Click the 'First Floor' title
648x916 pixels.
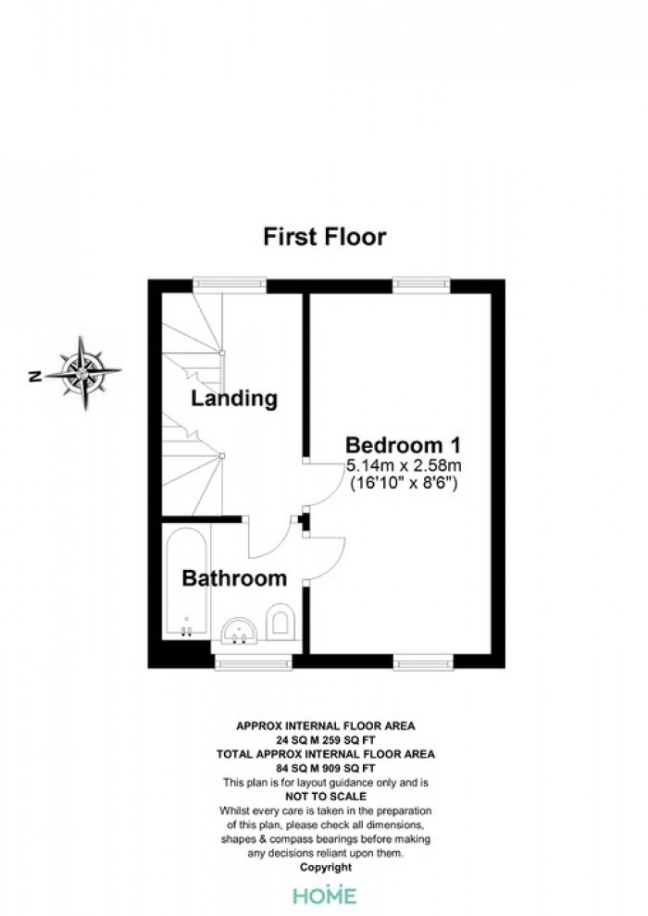(x=324, y=237)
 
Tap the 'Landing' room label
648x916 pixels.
(x=233, y=399)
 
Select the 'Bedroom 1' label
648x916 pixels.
(x=404, y=445)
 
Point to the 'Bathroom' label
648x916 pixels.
(x=234, y=578)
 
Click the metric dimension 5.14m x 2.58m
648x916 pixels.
(x=404, y=466)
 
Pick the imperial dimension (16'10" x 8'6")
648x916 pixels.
(x=404, y=484)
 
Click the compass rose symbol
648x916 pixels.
(x=82, y=372)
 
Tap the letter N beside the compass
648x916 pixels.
(x=34, y=377)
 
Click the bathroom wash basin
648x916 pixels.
(x=239, y=631)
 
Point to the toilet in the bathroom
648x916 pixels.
(x=280, y=621)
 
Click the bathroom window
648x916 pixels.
(x=253, y=662)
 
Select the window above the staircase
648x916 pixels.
(x=230, y=285)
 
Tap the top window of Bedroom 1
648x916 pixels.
(x=421, y=285)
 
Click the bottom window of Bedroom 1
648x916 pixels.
(x=423, y=662)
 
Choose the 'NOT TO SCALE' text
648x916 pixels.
(x=326, y=797)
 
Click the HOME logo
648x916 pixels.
(x=324, y=896)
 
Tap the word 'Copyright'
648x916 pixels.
(x=326, y=868)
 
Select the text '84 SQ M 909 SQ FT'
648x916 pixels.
(x=326, y=768)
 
